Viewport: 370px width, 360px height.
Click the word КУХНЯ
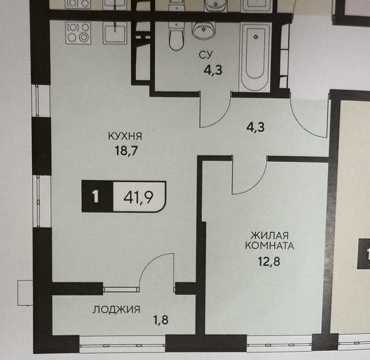[x=125, y=136]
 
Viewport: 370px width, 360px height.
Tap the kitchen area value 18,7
[x=126, y=151]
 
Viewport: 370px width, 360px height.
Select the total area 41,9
[x=138, y=197]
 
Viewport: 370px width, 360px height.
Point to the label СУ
[x=206, y=55]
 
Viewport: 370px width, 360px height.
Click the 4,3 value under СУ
[x=213, y=70]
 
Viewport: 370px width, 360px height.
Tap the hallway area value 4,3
[x=256, y=127]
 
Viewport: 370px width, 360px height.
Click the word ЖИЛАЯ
[x=270, y=235]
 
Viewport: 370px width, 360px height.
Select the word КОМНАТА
[x=269, y=246]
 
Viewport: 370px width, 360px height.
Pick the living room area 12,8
[x=269, y=261]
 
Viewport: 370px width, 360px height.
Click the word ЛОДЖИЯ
[x=116, y=309]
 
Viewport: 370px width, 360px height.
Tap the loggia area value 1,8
[x=161, y=320]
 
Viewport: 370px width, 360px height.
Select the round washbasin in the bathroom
[x=203, y=30]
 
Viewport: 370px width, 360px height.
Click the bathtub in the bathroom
[x=256, y=57]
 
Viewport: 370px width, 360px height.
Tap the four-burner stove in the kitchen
[x=78, y=32]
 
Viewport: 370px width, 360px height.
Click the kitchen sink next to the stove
[x=115, y=33]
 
